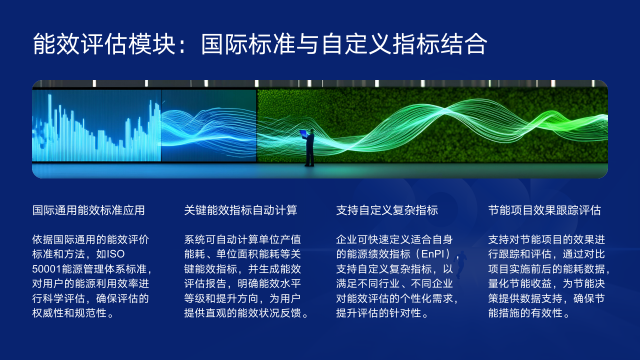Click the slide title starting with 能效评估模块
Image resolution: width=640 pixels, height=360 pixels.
pyautogui.click(x=260, y=44)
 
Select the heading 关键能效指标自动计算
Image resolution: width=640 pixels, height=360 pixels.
pyautogui.click(x=240, y=211)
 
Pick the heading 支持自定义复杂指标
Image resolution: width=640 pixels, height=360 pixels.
pyautogui.click(x=387, y=211)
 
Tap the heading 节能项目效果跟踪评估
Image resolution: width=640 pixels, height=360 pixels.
pyautogui.click(x=544, y=211)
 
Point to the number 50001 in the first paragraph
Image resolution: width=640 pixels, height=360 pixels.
pyautogui.click(x=48, y=270)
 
